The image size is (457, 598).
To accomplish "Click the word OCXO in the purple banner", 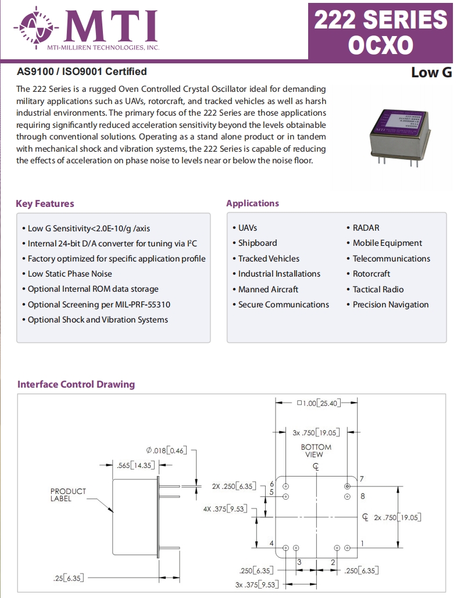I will click(381, 45).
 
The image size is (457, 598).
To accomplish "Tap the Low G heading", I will click(431, 73).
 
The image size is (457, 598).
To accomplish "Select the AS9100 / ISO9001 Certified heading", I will click(81, 71).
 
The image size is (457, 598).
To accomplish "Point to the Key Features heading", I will click(45, 203).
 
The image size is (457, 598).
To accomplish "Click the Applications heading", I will click(252, 203).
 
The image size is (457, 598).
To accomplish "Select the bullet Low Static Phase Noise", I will click(70, 274).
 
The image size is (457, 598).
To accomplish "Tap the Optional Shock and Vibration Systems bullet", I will click(98, 320).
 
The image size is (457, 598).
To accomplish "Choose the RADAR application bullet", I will click(366, 228).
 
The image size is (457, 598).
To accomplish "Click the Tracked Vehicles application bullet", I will click(269, 259).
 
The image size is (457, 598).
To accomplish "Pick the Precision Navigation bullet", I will click(390, 305).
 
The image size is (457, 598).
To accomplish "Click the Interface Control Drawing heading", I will click(76, 384).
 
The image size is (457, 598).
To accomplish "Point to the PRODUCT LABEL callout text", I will click(68, 495).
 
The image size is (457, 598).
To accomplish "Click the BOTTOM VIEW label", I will click(316, 450).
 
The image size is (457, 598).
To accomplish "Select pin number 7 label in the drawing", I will click(362, 479).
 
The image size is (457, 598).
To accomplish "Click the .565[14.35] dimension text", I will click(134, 465).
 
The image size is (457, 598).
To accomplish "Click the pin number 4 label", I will click(272, 543).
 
